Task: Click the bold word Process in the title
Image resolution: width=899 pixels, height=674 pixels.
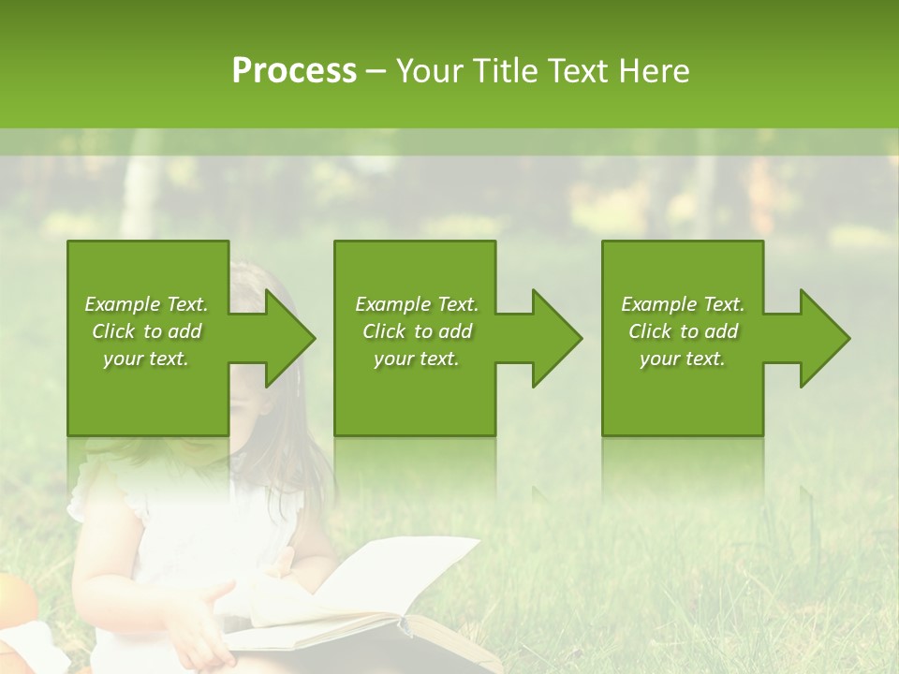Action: click(294, 71)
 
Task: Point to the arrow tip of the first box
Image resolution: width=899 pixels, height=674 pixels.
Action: click(312, 339)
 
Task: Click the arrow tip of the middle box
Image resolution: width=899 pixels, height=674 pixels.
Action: click(579, 339)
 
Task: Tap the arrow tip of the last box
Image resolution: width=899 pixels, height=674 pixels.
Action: click(847, 339)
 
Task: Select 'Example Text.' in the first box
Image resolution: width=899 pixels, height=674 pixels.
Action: click(147, 304)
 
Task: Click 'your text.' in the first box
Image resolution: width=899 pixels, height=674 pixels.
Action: click(147, 359)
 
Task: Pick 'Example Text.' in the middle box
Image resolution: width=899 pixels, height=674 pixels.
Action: click(417, 304)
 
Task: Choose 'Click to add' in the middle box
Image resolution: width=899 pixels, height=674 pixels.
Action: click(417, 331)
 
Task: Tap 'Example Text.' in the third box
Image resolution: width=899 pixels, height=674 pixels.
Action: click(683, 304)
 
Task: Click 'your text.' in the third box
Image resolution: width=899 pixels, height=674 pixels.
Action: click(683, 359)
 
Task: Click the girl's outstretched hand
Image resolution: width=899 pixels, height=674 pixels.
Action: click(201, 608)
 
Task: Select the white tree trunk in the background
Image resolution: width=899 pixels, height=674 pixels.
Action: click(140, 187)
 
